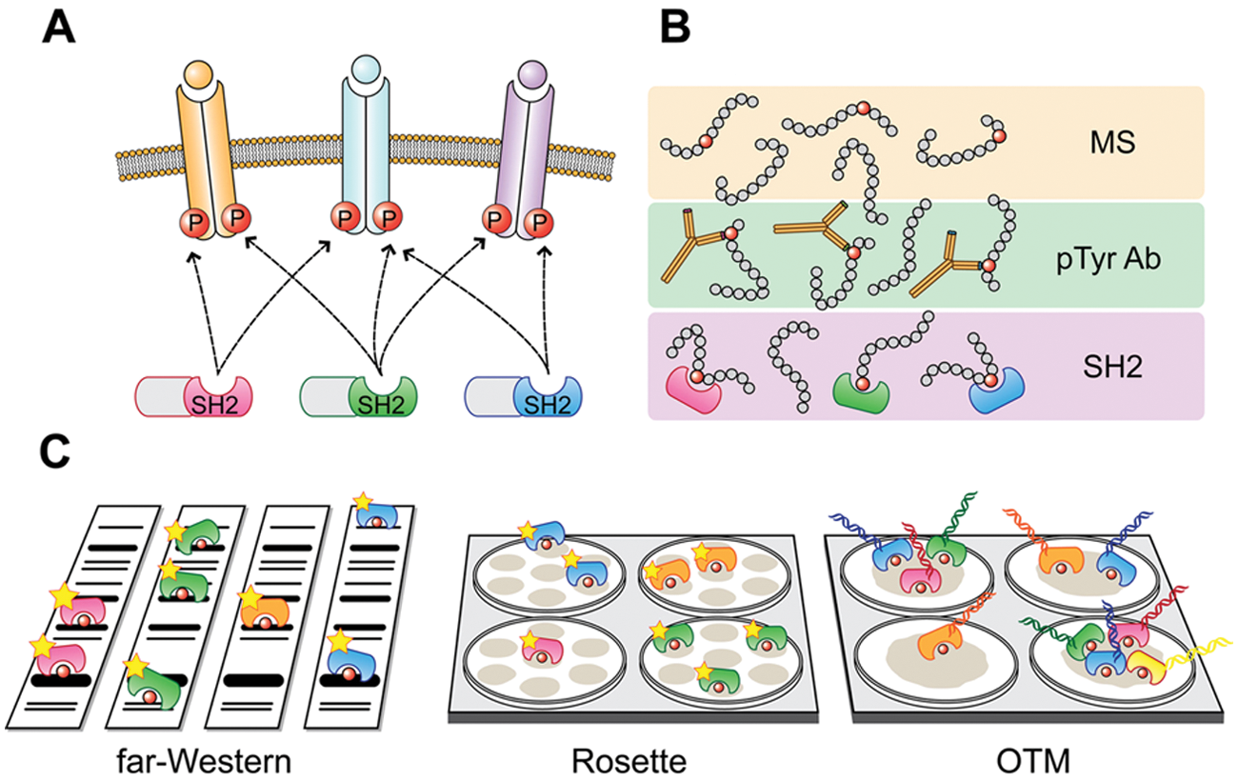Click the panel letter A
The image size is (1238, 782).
pyautogui.click(x=59, y=29)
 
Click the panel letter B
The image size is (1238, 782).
pyautogui.click(x=675, y=29)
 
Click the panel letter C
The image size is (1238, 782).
pyautogui.click(x=54, y=451)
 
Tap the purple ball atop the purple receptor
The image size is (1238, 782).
pyautogui.click(x=532, y=74)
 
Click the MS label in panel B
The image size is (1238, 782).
pyautogui.click(x=1112, y=142)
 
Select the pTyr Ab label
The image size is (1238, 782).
pyautogui.click(x=1108, y=259)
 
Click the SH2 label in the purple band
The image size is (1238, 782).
pyautogui.click(x=1112, y=367)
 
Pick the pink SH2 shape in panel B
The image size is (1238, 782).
pyautogui.click(x=693, y=391)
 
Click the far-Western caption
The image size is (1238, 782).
pyautogui.click(x=204, y=761)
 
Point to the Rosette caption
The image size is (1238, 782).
pyautogui.click(x=629, y=761)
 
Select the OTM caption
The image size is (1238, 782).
pyautogui.click(x=1033, y=761)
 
